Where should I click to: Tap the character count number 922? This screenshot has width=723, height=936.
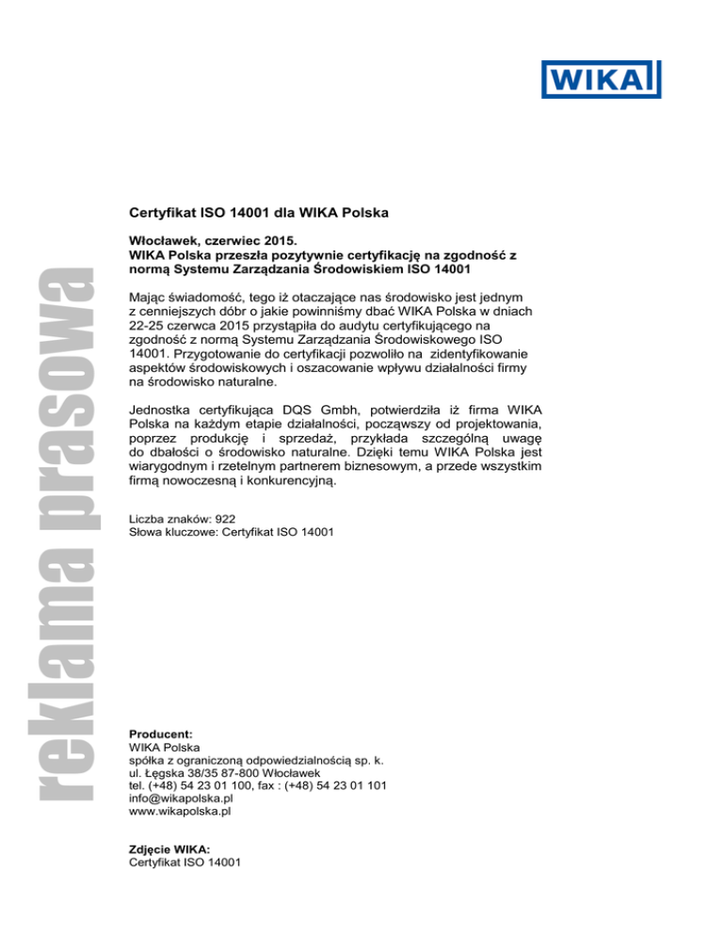pos(223,518)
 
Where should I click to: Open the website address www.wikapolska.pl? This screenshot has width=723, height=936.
pos(180,811)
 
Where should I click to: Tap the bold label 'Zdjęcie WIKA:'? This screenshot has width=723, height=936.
pos(169,847)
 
